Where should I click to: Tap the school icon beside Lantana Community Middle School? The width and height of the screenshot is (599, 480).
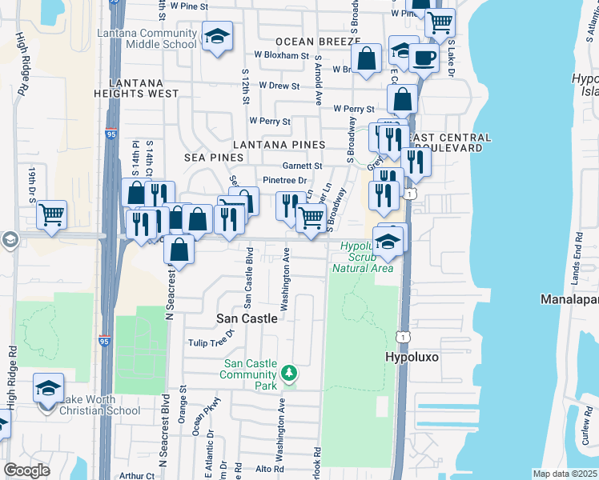pos(217,37)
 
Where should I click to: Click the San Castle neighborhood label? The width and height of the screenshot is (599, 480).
pos(247,318)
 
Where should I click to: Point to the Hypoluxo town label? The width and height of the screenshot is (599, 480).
pos(414,358)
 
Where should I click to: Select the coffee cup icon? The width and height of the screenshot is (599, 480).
pos(423,58)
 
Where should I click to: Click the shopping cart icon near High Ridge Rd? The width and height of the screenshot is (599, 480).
pos(51,214)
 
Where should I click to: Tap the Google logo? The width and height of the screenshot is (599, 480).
pos(26,470)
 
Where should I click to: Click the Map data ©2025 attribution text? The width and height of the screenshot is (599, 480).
pos(565,474)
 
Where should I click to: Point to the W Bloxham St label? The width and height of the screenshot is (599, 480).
pos(281,56)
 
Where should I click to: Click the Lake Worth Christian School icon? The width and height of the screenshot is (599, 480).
pos(48,389)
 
